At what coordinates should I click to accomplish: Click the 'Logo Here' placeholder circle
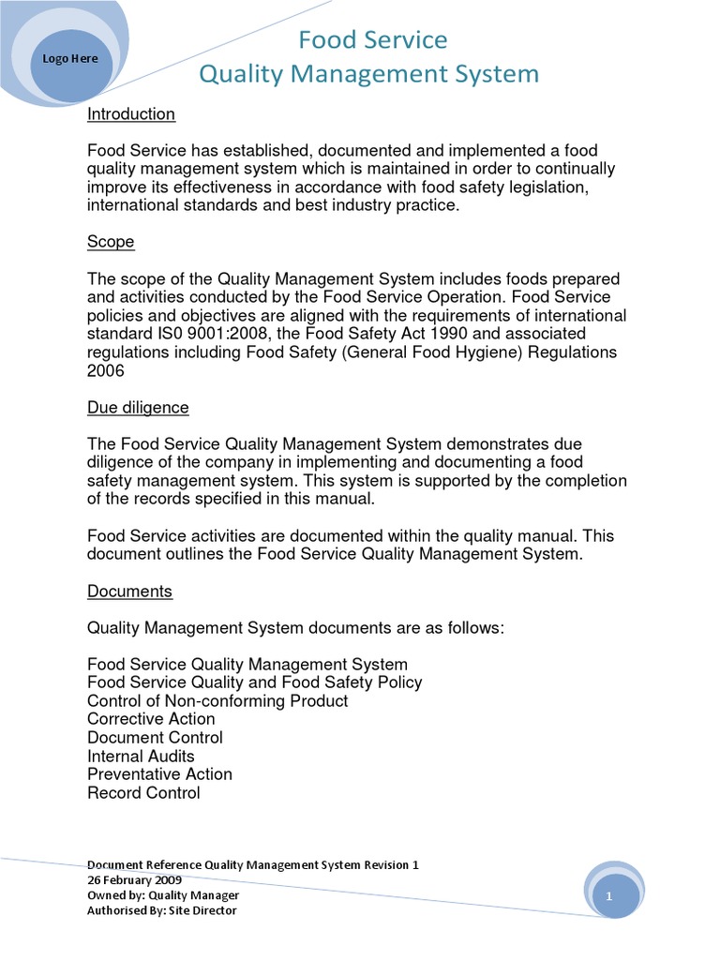click(x=70, y=60)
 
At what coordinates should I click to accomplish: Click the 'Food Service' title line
click(x=372, y=39)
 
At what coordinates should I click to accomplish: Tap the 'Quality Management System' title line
click(x=368, y=73)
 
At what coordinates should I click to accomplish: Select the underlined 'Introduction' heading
click(x=131, y=114)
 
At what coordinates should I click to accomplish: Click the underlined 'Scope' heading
click(x=111, y=242)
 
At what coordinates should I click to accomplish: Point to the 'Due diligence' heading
click(x=138, y=408)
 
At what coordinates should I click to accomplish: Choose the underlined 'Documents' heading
click(x=129, y=592)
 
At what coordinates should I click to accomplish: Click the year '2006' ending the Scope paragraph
click(x=107, y=370)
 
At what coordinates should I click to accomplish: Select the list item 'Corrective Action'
click(x=151, y=719)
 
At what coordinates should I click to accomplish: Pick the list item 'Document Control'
click(x=155, y=738)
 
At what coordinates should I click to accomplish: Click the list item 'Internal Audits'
click(x=141, y=756)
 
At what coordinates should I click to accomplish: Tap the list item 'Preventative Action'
click(x=159, y=774)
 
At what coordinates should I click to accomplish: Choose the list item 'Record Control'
click(x=143, y=793)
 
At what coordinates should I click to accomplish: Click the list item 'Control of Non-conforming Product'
click(x=217, y=701)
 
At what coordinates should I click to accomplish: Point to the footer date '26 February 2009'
click(x=135, y=880)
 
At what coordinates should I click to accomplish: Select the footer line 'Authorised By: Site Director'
click(x=162, y=910)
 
